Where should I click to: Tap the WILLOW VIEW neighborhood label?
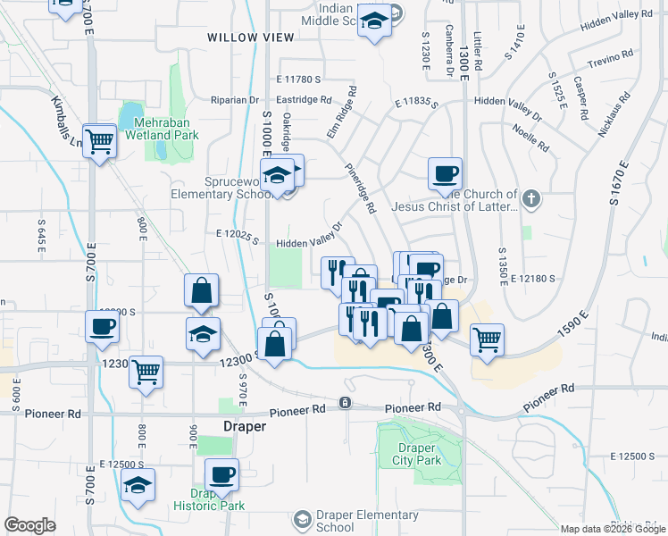[x=250, y=37]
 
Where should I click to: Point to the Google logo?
[x=29, y=525]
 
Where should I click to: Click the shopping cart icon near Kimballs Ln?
[x=100, y=140]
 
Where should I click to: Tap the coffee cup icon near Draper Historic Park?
[x=221, y=475]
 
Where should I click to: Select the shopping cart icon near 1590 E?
[x=486, y=339]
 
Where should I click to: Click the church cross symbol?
[x=531, y=198]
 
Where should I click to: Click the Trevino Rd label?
[x=610, y=63]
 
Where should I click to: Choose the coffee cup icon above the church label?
[x=444, y=174]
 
